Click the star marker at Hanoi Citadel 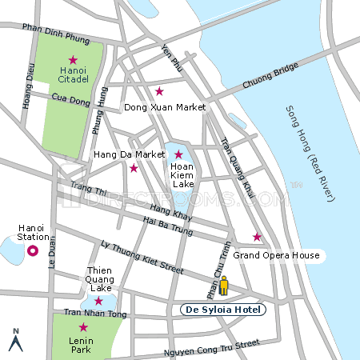pyautogui.click(x=73, y=60)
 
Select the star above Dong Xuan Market pyautogui.click(x=159, y=91)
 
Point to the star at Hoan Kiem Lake pyautogui.click(x=178, y=154)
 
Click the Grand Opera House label pyautogui.click(x=276, y=256)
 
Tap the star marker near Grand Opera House pyautogui.click(x=257, y=237)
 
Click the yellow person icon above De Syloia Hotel pyautogui.click(x=225, y=286)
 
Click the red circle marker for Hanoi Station pyautogui.click(x=33, y=251)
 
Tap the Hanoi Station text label pyautogui.click(x=33, y=232)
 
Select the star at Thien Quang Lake pyautogui.click(x=98, y=301)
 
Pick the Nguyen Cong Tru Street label pyautogui.click(x=212, y=346)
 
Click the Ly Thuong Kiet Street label pyautogui.click(x=142, y=255)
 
